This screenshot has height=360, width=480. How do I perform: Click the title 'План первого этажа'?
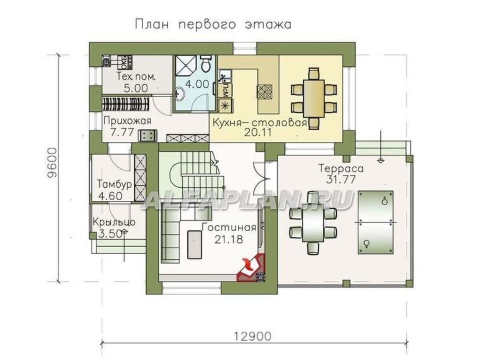coord(213,24)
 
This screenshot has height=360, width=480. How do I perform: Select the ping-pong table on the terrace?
coord(375,221)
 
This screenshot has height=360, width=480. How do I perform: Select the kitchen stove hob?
coord(264,91)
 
